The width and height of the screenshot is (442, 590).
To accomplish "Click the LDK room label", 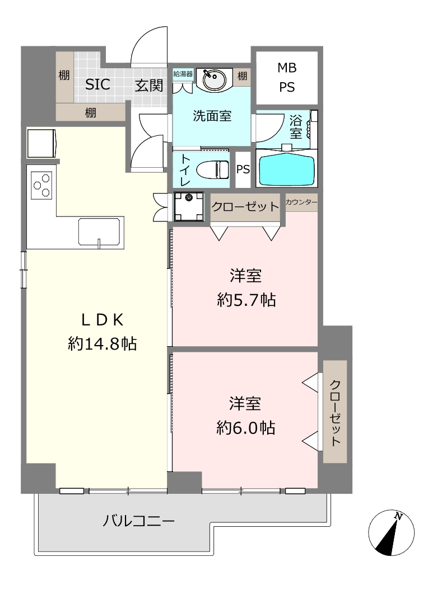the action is tap(103, 320).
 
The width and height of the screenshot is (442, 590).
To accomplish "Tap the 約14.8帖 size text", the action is tap(102, 344).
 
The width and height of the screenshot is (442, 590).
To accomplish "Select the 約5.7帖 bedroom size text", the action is tap(246, 300).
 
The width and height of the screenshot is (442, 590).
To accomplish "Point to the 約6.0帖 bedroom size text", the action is tap(246, 428).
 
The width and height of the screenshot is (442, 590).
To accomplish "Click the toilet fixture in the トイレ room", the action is tap(213, 169).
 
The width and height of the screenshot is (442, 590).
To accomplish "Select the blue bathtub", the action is tap(287, 168).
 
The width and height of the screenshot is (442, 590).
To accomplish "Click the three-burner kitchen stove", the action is tap(41, 186).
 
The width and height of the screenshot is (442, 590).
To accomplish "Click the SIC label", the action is tap(97, 84).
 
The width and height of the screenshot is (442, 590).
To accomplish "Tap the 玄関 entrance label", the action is tap(149, 86).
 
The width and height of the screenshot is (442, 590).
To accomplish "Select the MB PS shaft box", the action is tap(287, 78).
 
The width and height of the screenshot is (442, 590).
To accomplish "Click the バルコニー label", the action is tap(139, 521).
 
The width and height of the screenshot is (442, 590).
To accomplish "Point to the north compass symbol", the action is tap(392, 533).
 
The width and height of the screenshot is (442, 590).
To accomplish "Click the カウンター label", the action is tap(301, 202).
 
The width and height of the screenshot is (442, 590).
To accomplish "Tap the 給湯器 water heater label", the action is tap(183, 74).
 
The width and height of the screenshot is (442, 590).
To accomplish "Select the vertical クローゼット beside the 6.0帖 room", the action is tap(335, 412).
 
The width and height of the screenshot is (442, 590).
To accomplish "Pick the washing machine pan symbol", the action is tap(188, 206).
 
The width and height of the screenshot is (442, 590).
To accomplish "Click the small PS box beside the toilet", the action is tap(243, 169).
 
